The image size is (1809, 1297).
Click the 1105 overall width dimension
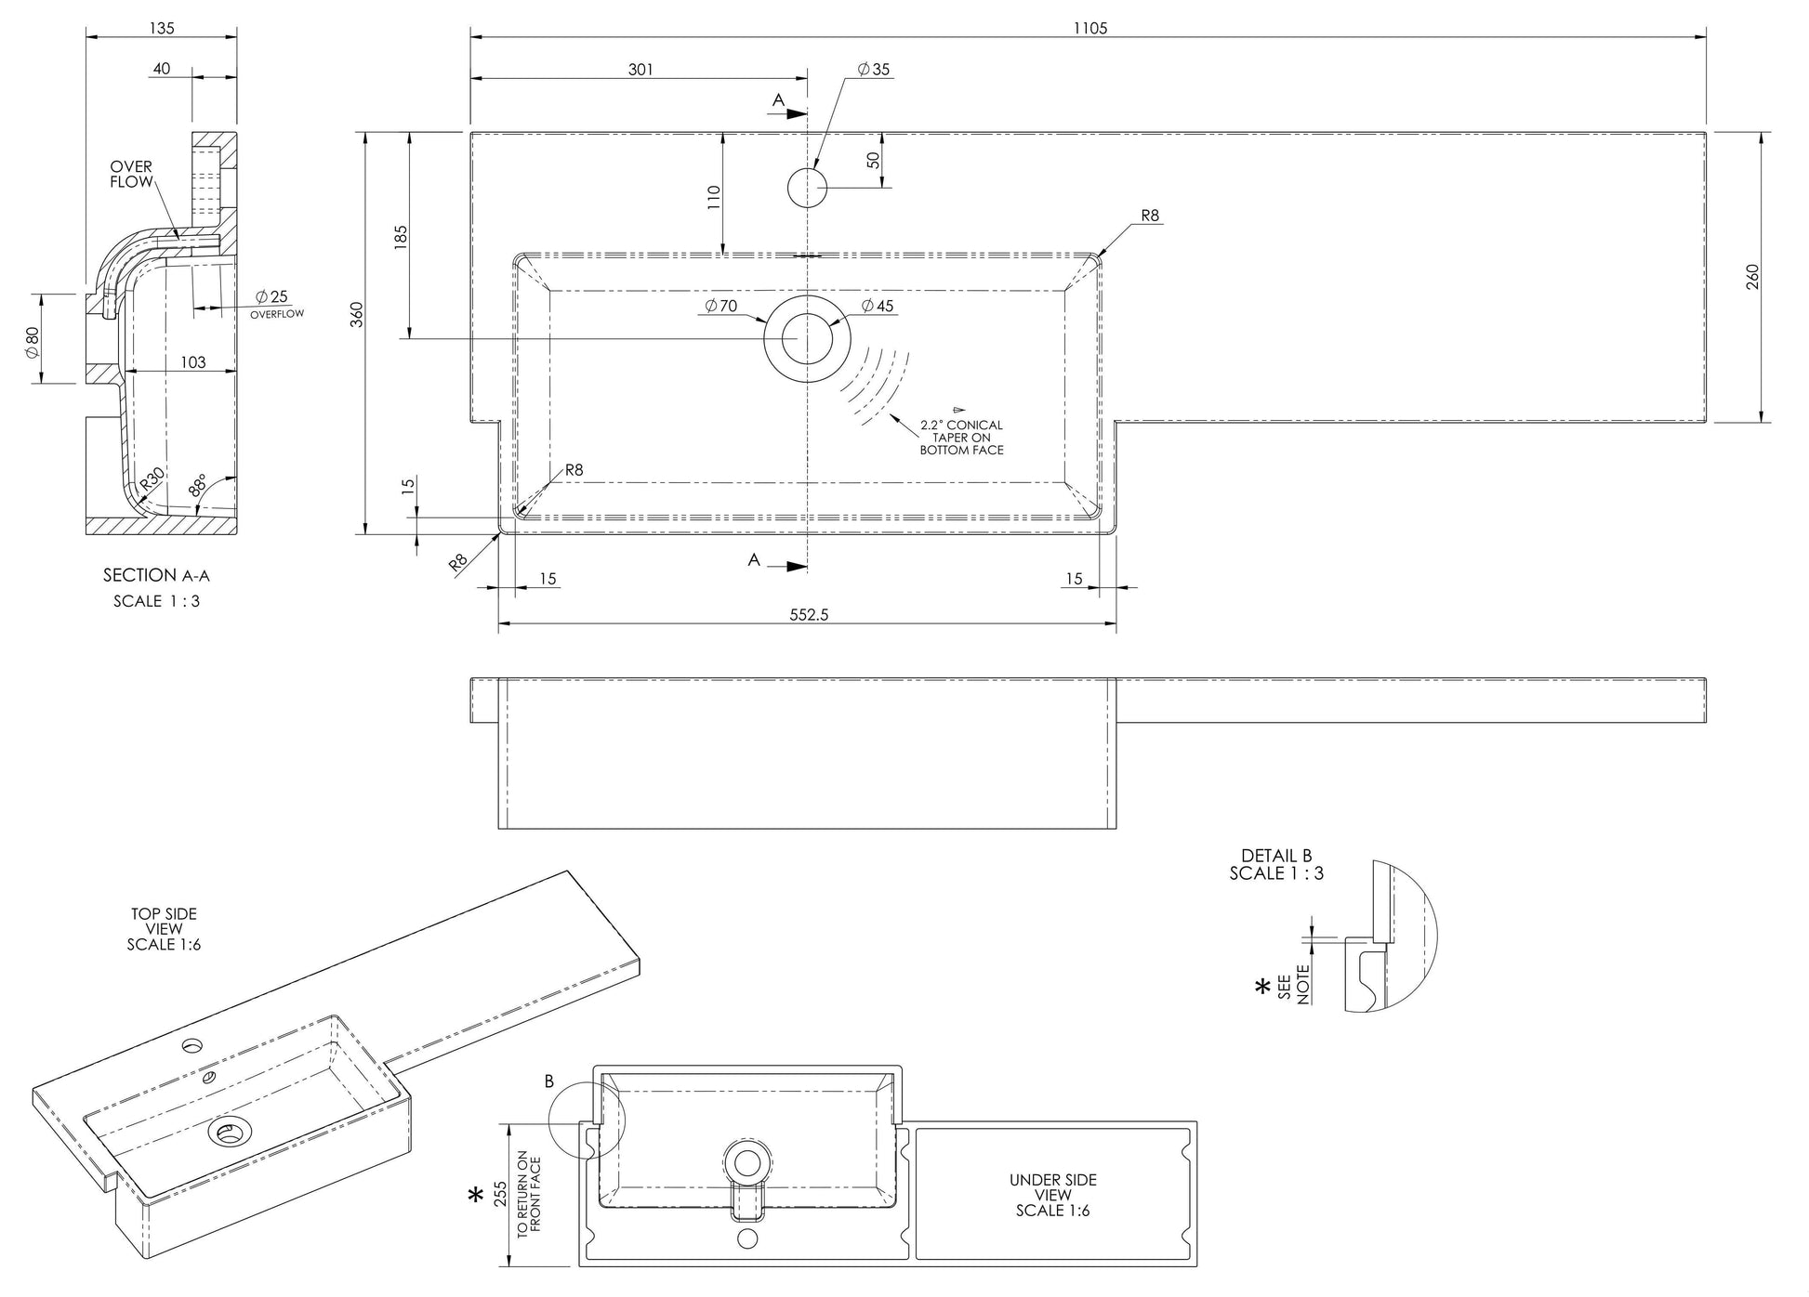pos(1089,29)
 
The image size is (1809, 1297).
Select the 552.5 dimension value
pos(808,615)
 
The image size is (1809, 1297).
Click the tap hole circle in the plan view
pos(807,188)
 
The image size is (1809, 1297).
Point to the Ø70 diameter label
pos(720,306)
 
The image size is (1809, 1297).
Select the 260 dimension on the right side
pos(1753,277)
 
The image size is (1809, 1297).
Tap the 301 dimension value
pos(640,70)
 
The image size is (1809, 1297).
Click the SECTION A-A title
pos(156,575)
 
